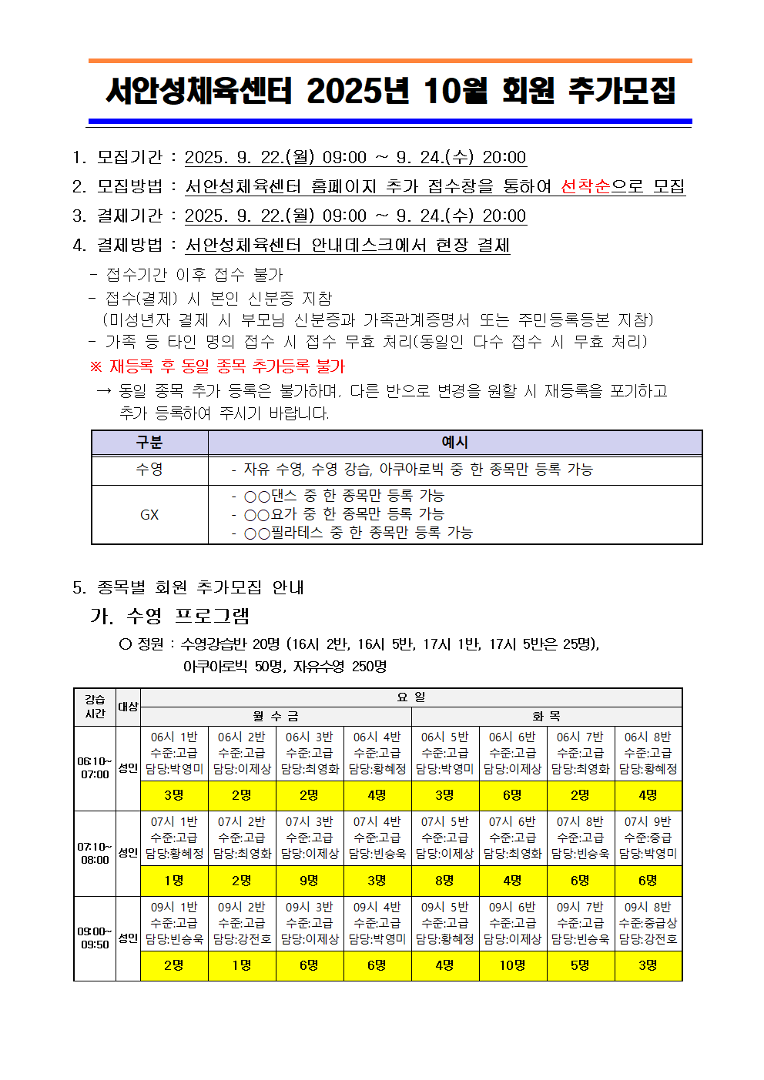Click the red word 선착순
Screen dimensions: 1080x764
(585, 186)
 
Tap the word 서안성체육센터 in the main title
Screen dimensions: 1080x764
(199, 91)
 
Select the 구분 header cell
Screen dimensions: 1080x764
(149, 443)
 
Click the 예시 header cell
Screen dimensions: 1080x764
(454, 443)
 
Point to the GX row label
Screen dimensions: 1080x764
(149, 514)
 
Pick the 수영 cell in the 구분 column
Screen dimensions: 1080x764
(149, 470)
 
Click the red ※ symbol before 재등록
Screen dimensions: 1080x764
(96, 366)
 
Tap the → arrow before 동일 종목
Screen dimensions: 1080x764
(104, 391)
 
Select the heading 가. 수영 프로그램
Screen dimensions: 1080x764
(170, 616)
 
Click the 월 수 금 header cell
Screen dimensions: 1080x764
(276, 717)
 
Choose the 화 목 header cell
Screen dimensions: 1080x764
(547, 717)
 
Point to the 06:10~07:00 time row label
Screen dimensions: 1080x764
(95, 767)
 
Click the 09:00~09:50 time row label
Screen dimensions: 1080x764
(95, 938)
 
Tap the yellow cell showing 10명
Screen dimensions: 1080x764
(513, 965)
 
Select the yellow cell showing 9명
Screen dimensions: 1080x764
(310, 881)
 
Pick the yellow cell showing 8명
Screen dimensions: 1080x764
(445, 881)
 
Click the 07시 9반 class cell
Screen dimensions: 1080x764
(648, 838)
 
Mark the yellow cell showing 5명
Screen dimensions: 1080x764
(581, 965)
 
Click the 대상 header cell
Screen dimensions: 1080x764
(128, 707)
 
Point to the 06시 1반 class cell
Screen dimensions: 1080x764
(174, 753)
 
